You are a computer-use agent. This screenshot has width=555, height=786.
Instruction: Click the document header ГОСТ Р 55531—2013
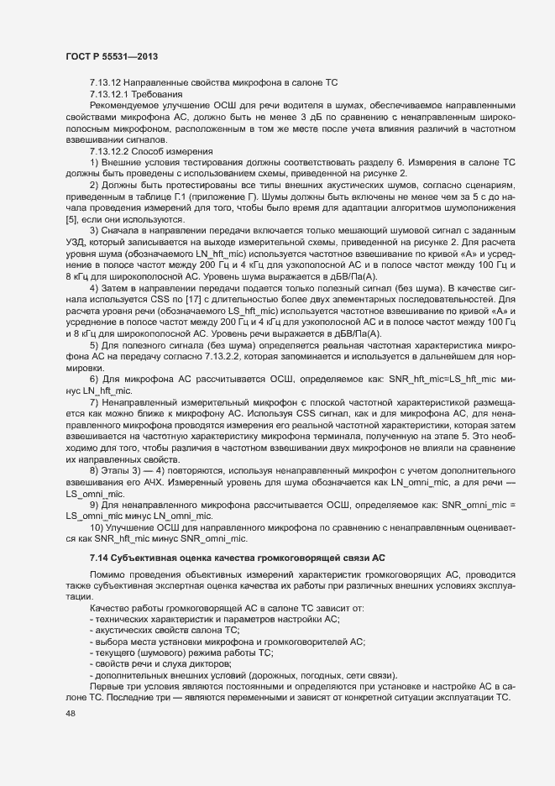tap(113, 56)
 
